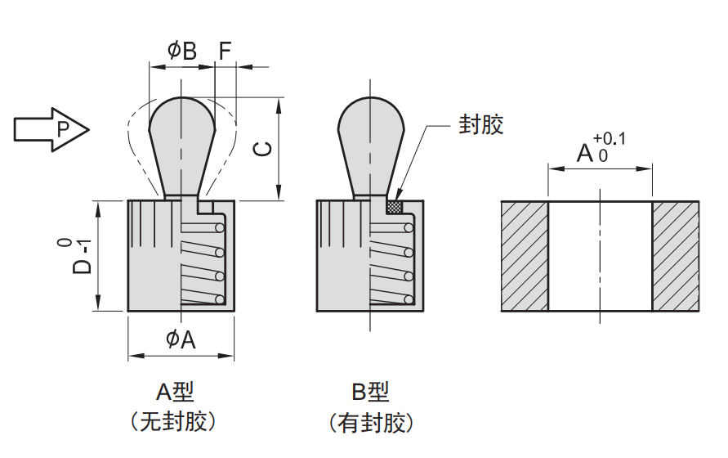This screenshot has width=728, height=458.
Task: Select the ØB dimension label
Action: (x=181, y=51)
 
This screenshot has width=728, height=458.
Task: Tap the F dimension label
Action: (x=225, y=51)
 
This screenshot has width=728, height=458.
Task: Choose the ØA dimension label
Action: (x=181, y=339)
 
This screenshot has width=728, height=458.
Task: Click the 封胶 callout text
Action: (x=480, y=124)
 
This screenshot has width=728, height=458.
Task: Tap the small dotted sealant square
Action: (x=396, y=205)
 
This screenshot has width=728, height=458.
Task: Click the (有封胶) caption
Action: (x=370, y=423)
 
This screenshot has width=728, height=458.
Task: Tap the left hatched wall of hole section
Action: (x=524, y=256)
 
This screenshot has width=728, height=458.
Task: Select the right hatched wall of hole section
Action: (x=676, y=256)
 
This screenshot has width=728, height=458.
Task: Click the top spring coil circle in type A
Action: (x=219, y=227)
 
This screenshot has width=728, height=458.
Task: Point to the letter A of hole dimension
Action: (x=585, y=152)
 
